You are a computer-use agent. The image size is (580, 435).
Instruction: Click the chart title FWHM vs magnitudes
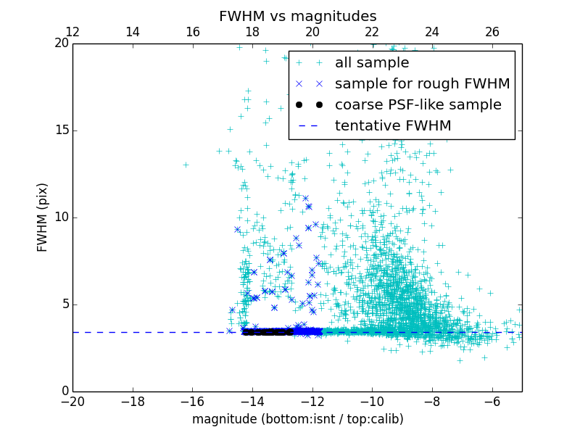click(x=297, y=16)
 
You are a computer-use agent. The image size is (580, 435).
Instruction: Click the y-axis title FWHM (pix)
click(x=43, y=217)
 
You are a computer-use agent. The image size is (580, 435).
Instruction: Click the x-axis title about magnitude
click(x=297, y=419)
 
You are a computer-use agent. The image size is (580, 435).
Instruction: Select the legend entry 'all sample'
click(x=371, y=63)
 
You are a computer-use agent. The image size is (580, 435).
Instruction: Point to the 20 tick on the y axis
click(x=61, y=43)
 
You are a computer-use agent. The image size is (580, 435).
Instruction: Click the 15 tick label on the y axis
click(x=61, y=130)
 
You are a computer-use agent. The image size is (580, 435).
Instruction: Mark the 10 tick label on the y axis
click(x=61, y=217)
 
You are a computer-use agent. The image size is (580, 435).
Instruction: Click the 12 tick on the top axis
click(x=72, y=32)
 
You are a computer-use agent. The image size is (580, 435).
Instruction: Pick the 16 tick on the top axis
click(x=192, y=32)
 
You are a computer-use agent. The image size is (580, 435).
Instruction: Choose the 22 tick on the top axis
click(x=372, y=32)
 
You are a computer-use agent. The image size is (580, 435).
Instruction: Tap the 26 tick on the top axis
click(x=492, y=32)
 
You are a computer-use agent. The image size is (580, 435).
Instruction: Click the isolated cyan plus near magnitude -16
click(x=186, y=165)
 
